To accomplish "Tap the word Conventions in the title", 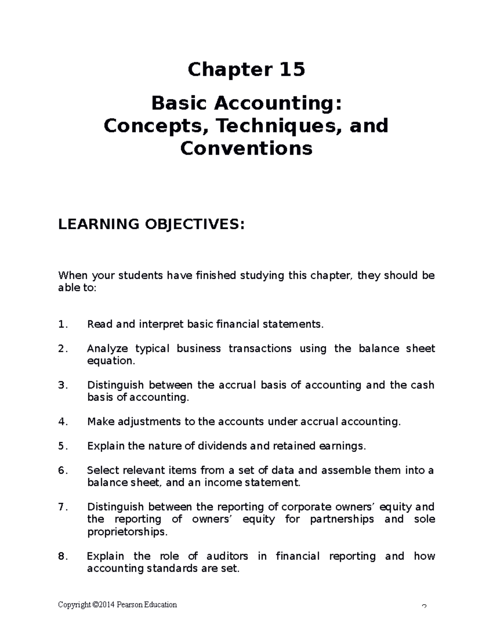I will point(246,148).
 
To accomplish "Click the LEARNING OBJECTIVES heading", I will point(151,225).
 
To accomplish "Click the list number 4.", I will point(62,422).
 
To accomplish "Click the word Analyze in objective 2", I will point(107,349).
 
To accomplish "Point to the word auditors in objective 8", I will point(227,556).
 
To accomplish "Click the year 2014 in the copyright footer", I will point(107,605).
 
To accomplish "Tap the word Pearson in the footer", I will point(129,605).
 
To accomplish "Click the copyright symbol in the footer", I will point(96,605).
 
